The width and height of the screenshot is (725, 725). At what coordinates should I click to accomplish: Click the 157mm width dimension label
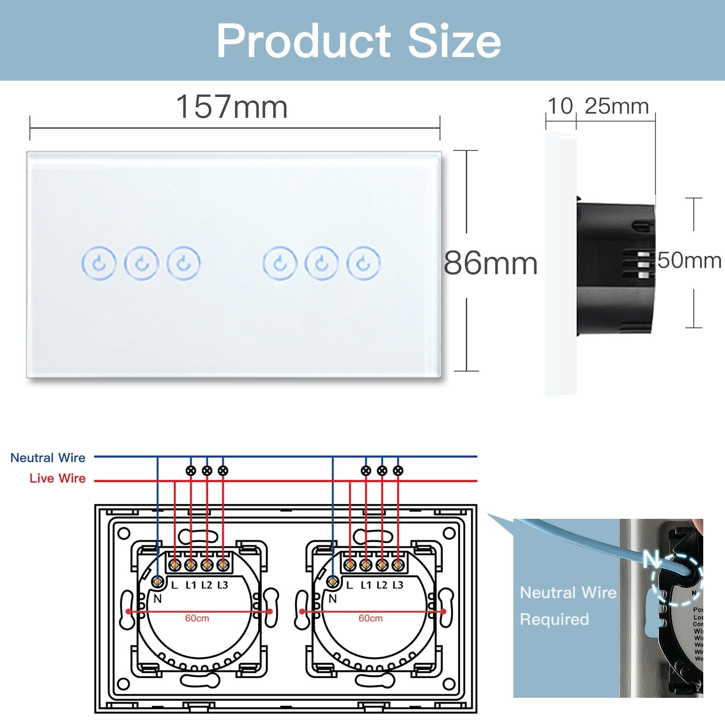click(232, 107)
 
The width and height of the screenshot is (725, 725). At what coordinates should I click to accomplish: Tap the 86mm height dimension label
click(491, 263)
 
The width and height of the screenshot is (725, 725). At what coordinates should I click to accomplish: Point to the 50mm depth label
click(689, 261)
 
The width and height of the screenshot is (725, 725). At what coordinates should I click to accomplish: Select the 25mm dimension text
click(617, 107)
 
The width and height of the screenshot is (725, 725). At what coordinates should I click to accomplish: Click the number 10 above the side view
click(561, 107)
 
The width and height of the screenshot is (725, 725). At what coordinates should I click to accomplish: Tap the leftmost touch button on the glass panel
click(99, 263)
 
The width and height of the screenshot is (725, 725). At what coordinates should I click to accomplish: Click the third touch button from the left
click(184, 263)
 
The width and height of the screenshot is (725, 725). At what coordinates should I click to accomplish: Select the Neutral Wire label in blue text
click(48, 458)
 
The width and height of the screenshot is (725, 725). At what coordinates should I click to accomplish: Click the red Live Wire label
click(58, 478)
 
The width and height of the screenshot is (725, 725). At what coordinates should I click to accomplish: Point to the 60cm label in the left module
click(197, 618)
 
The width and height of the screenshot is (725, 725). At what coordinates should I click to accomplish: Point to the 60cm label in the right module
click(371, 618)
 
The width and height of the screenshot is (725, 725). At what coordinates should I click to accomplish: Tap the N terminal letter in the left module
click(158, 599)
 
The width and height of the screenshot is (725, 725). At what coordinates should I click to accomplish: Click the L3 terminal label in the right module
click(398, 585)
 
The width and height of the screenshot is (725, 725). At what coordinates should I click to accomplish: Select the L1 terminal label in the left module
click(191, 585)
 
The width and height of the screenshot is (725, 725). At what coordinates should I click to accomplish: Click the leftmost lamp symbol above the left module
click(191, 471)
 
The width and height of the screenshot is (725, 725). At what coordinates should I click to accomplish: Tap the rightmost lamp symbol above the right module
click(398, 471)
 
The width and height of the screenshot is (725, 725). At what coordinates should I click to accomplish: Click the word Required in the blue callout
click(554, 619)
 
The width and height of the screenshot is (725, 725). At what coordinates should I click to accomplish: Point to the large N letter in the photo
click(652, 559)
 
